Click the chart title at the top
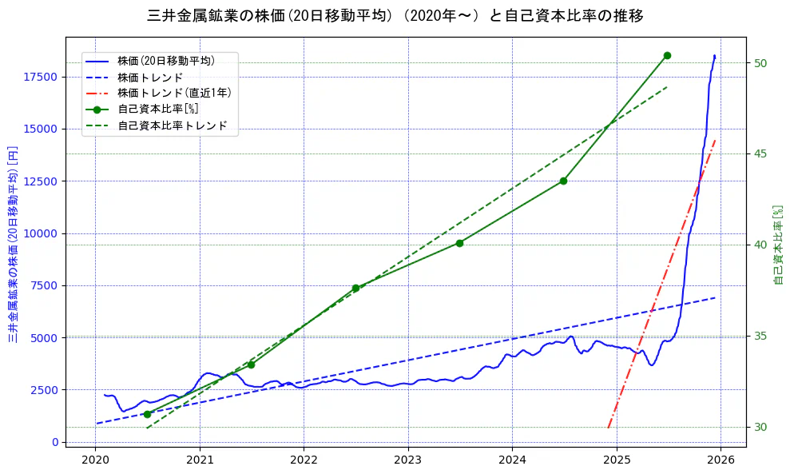(395, 16)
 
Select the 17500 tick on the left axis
(41, 77)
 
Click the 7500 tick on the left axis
(44, 285)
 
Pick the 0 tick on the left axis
(54, 442)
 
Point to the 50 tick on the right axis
(760, 63)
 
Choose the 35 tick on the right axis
(760, 336)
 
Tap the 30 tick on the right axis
(760, 427)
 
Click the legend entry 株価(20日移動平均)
(165, 60)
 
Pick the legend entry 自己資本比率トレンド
(172, 125)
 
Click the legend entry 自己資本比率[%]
(157, 109)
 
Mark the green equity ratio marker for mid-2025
(667, 55)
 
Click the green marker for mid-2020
(147, 414)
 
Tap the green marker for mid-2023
(459, 243)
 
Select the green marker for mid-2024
(563, 181)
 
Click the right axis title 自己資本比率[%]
(780, 244)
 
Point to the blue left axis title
(13, 244)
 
